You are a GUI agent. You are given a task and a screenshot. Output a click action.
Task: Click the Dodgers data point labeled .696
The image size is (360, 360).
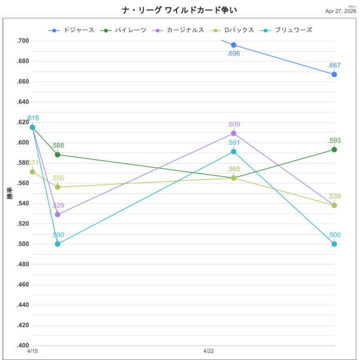(x=234, y=45)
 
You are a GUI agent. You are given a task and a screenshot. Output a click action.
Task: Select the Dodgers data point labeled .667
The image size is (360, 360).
(x=334, y=74)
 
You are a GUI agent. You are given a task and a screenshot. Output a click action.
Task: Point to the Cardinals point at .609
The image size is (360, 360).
(x=234, y=133)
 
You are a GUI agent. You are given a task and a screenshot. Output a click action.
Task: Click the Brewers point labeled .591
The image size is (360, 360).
(x=234, y=152)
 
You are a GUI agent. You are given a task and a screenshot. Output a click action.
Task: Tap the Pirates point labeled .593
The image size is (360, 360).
(x=334, y=150)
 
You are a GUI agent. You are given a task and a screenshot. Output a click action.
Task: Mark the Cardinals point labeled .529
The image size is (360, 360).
(x=58, y=215)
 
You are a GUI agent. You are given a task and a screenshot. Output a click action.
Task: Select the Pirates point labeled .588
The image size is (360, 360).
(x=58, y=155)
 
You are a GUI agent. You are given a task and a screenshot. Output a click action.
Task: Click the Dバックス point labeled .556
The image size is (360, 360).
(x=58, y=187)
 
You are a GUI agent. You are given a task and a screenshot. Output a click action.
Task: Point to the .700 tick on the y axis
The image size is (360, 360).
(x=23, y=41)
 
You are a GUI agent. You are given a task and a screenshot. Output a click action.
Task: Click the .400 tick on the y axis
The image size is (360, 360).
(x=23, y=345)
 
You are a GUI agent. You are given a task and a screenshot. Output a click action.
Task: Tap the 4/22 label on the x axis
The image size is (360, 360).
(x=209, y=351)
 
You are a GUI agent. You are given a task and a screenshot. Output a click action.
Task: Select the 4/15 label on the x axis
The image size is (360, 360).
(x=32, y=351)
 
